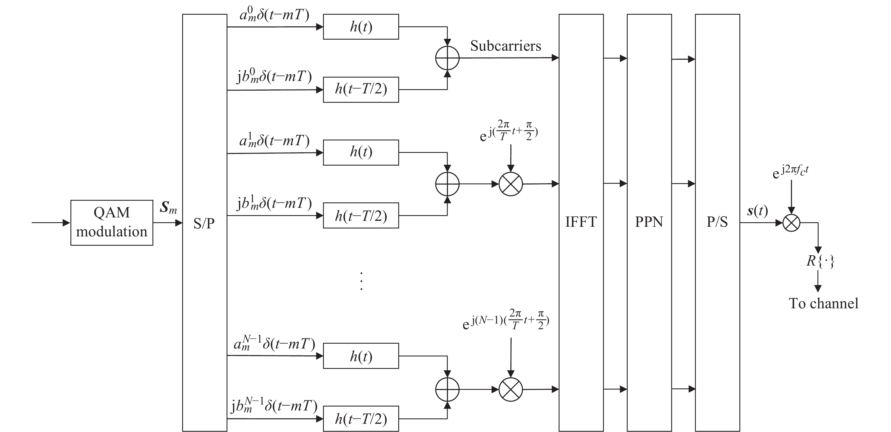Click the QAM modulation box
point(112,223)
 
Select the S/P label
point(204,223)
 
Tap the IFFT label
point(581,222)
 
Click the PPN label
point(649,222)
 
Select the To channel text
point(824,303)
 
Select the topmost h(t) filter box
point(361,27)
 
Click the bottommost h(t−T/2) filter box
point(361,419)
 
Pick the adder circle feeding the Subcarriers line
point(447,58)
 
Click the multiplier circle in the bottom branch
point(511,390)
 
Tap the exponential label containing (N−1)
point(506,320)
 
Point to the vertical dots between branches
point(361,281)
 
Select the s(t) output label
point(757,211)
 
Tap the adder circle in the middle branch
point(447,184)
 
